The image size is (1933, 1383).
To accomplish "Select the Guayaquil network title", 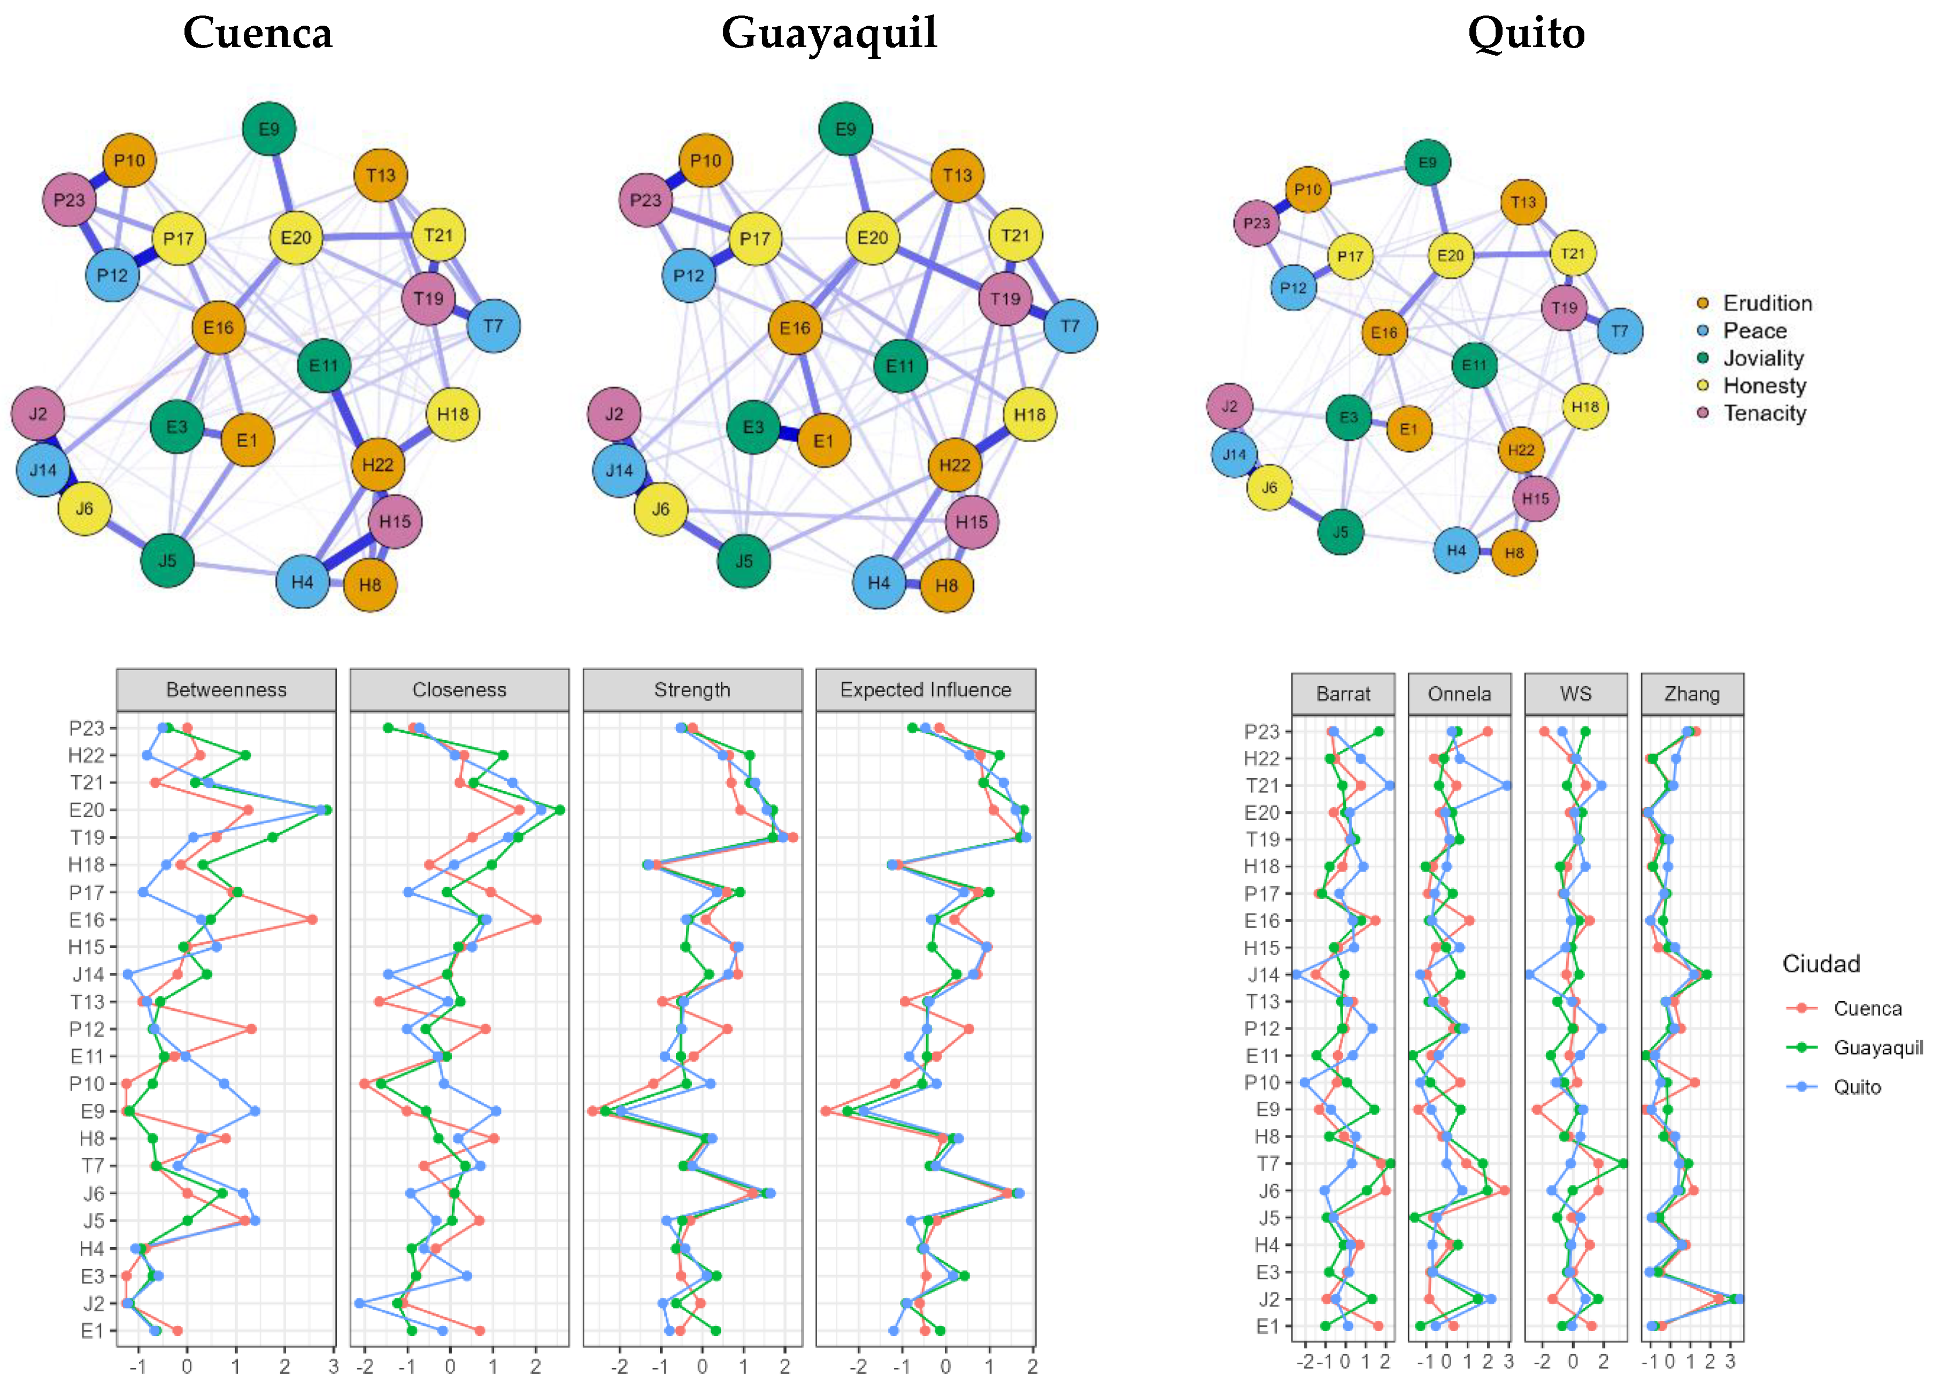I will point(829,34).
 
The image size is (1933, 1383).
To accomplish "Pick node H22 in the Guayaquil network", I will point(954,465).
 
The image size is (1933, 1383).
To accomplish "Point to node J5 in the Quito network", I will point(1341,532).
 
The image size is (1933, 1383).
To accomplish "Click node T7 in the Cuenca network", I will point(493,325).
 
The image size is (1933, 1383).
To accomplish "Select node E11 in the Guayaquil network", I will point(900,366).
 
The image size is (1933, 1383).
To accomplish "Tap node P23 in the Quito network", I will point(1257,223).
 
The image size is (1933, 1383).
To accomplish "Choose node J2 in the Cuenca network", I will point(38,414).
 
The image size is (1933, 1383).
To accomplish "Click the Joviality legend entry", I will point(1762,358).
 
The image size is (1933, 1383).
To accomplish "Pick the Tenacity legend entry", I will point(1765,413).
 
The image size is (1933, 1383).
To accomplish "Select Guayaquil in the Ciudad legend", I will point(1877,1048).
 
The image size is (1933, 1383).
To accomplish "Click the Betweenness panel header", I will point(227,690).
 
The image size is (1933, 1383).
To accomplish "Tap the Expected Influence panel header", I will point(926,690).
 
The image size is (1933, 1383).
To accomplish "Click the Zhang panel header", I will point(1692,694).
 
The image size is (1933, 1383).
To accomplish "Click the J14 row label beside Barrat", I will point(1264,975).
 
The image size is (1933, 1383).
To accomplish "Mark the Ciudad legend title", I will point(1821,964).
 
